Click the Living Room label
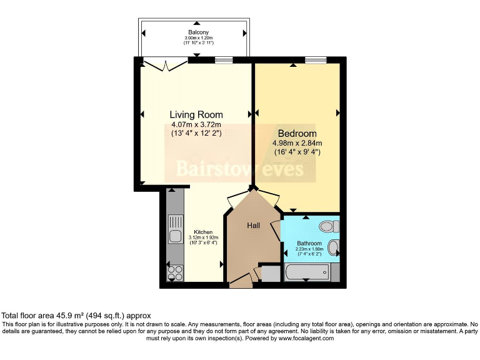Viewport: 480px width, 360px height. click(x=196, y=115)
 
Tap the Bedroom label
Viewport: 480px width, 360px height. click(x=297, y=134)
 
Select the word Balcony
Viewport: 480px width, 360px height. click(x=198, y=32)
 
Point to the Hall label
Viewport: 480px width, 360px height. click(x=254, y=226)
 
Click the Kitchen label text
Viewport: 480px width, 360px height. click(x=203, y=232)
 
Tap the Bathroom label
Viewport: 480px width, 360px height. click(x=309, y=243)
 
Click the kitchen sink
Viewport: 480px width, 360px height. click(x=176, y=229)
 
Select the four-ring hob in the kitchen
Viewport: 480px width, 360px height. click(x=176, y=273)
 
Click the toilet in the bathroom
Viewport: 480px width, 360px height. click(x=329, y=226)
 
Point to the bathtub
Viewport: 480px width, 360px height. click(x=307, y=272)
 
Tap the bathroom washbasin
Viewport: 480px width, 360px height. click(x=333, y=247)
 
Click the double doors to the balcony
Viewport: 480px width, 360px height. click(x=166, y=65)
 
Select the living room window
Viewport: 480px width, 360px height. click(x=224, y=60)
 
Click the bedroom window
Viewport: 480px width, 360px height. click(x=316, y=60)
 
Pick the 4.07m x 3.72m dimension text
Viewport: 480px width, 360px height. click(x=196, y=124)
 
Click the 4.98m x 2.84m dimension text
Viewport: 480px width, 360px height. click(x=297, y=143)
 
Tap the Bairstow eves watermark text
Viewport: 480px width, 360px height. click(x=240, y=169)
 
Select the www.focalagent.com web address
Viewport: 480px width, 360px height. click(x=306, y=338)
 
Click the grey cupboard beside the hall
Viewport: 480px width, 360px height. click(x=271, y=274)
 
